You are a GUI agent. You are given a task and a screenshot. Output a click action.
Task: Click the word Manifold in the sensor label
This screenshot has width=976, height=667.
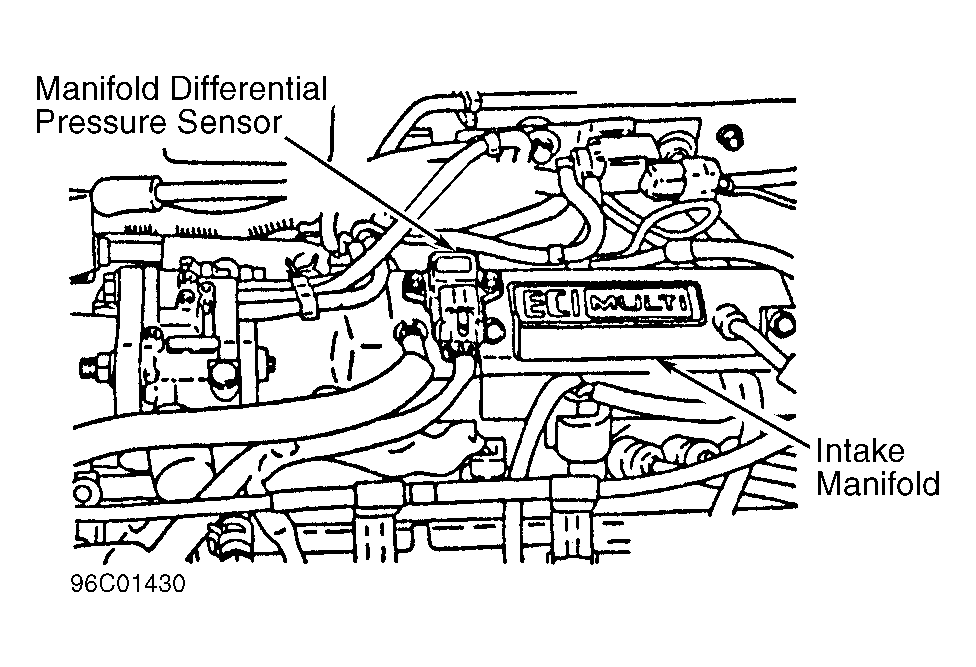tap(97, 89)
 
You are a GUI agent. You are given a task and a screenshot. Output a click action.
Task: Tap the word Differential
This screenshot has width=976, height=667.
tap(248, 89)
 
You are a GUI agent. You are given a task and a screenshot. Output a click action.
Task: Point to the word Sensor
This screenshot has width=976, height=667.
tap(230, 123)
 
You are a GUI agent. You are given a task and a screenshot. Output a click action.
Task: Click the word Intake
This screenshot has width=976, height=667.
tap(860, 451)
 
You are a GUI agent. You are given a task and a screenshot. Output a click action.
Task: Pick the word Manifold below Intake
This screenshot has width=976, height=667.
tap(878, 483)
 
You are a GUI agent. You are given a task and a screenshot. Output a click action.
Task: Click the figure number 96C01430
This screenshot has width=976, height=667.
tap(128, 584)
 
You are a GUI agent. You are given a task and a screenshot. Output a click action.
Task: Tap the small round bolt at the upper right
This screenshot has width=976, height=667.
tap(730, 137)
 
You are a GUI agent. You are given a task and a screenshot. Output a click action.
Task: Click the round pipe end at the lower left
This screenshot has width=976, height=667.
tap(84, 493)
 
